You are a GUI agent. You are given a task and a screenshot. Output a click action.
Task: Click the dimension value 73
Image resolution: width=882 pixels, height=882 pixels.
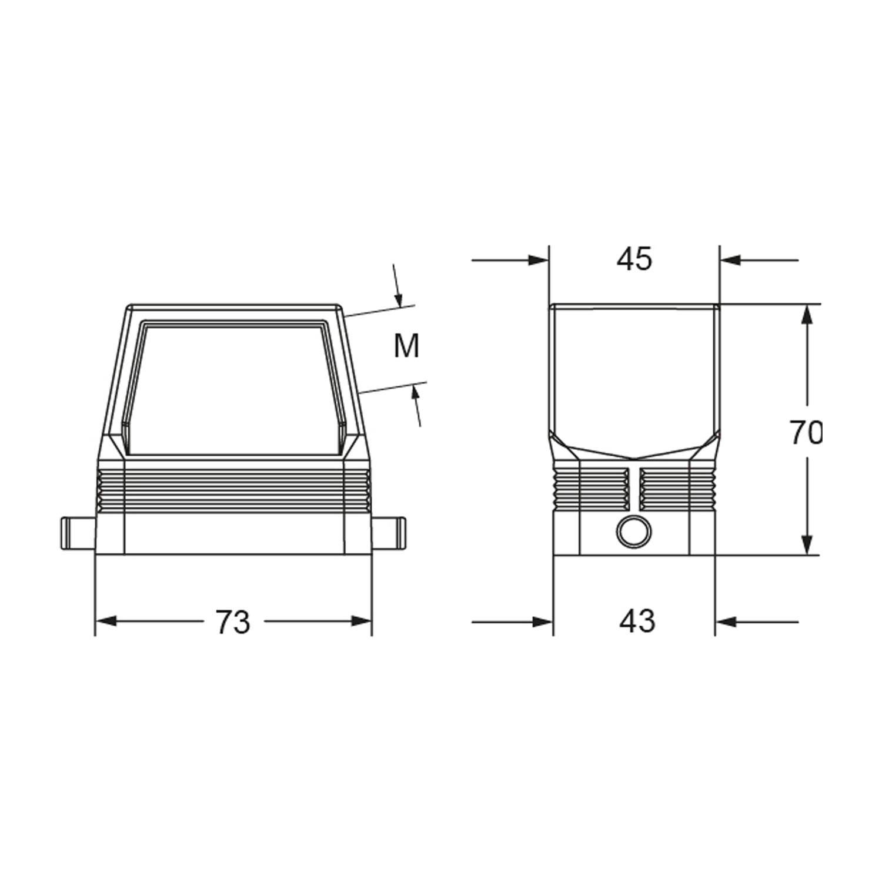pos(233,621)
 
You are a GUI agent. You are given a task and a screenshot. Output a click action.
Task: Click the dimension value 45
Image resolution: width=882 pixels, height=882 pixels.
pos(634,259)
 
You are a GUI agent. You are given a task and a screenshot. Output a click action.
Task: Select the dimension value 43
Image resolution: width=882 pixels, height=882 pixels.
pos(637,621)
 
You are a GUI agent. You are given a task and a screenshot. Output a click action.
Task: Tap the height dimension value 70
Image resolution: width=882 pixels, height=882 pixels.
pos(805,433)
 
